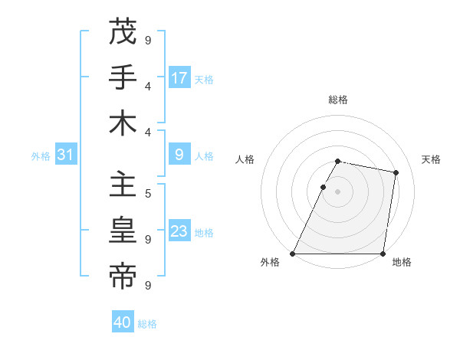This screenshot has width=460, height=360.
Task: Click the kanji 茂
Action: click(x=123, y=33)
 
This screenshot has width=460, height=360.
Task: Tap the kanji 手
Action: click(x=123, y=79)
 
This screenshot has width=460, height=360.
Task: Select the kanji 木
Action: click(x=123, y=124)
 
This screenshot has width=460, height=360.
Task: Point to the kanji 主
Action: click(x=123, y=185)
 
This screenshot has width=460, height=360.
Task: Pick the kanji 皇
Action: click(x=123, y=231)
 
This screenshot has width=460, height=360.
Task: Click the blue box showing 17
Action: click(x=179, y=78)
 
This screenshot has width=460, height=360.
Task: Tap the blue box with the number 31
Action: click(x=66, y=155)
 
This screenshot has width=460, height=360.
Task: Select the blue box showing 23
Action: click(x=179, y=231)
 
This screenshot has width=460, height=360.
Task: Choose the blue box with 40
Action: click(x=123, y=322)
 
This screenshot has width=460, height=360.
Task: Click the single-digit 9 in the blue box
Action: click(x=179, y=155)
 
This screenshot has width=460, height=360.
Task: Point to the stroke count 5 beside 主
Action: click(x=148, y=193)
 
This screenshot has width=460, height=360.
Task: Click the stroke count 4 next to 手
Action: click(x=148, y=86)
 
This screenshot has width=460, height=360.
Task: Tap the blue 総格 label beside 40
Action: click(x=147, y=324)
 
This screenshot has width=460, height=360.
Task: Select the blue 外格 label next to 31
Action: click(x=41, y=156)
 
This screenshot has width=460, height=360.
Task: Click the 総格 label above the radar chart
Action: click(x=338, y=100)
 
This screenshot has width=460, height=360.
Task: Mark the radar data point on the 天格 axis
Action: click(x=396, y=173)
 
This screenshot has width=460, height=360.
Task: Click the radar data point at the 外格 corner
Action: click(x=293, y=254)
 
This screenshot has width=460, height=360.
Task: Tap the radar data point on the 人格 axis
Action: click(x=323, y=187)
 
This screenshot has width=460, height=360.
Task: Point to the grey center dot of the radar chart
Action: click(x=338, y=191)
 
